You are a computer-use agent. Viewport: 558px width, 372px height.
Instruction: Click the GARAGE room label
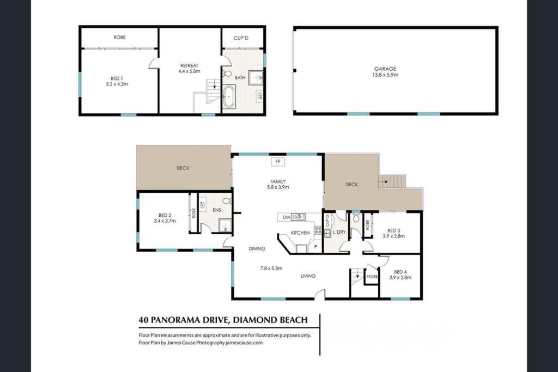coord(385,69)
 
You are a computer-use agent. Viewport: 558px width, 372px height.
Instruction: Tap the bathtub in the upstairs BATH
coord(229,97)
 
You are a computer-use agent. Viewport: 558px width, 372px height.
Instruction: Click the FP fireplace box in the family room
coord(278,162)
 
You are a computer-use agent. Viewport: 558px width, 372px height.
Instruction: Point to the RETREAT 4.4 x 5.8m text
coord(189,68)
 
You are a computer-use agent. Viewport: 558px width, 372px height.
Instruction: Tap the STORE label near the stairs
coord(372,277)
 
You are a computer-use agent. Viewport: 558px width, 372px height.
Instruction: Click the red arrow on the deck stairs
coord(384,182)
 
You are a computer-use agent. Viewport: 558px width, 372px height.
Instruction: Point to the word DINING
coord(257,248)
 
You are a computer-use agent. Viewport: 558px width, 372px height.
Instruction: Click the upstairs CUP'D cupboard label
coord(241,38)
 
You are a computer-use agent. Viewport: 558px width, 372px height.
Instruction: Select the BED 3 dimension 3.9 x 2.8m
coord(393,236)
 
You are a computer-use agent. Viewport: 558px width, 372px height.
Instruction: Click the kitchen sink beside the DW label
coord(298,217)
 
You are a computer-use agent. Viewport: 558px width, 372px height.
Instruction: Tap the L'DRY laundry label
coord(339,232)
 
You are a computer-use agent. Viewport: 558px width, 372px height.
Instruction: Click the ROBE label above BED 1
coord(119,38)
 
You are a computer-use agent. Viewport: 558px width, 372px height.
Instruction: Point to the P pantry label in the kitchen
coord(316,247)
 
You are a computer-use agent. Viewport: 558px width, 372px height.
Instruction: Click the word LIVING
coord(308,276)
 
